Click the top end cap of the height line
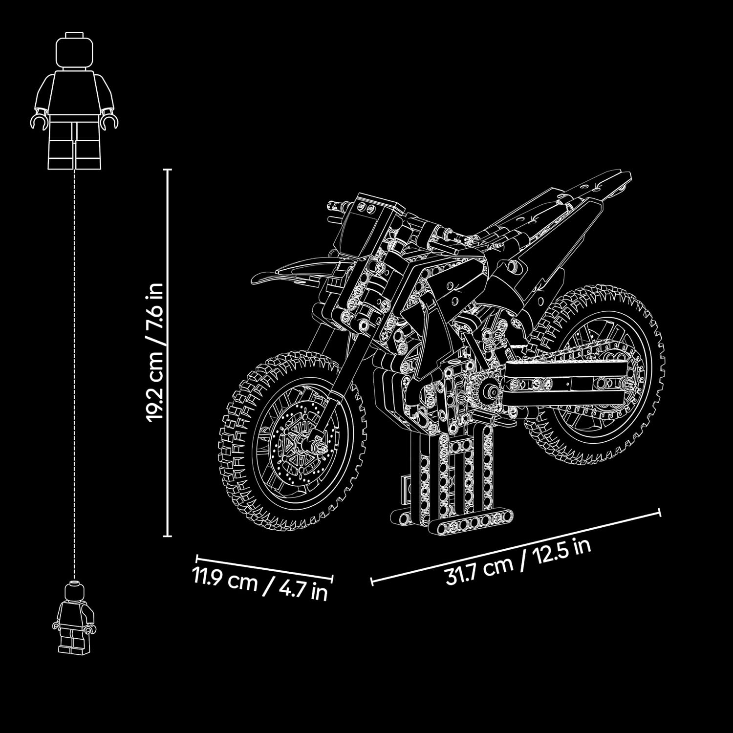point(167,170)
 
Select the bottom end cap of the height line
point(167,536)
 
